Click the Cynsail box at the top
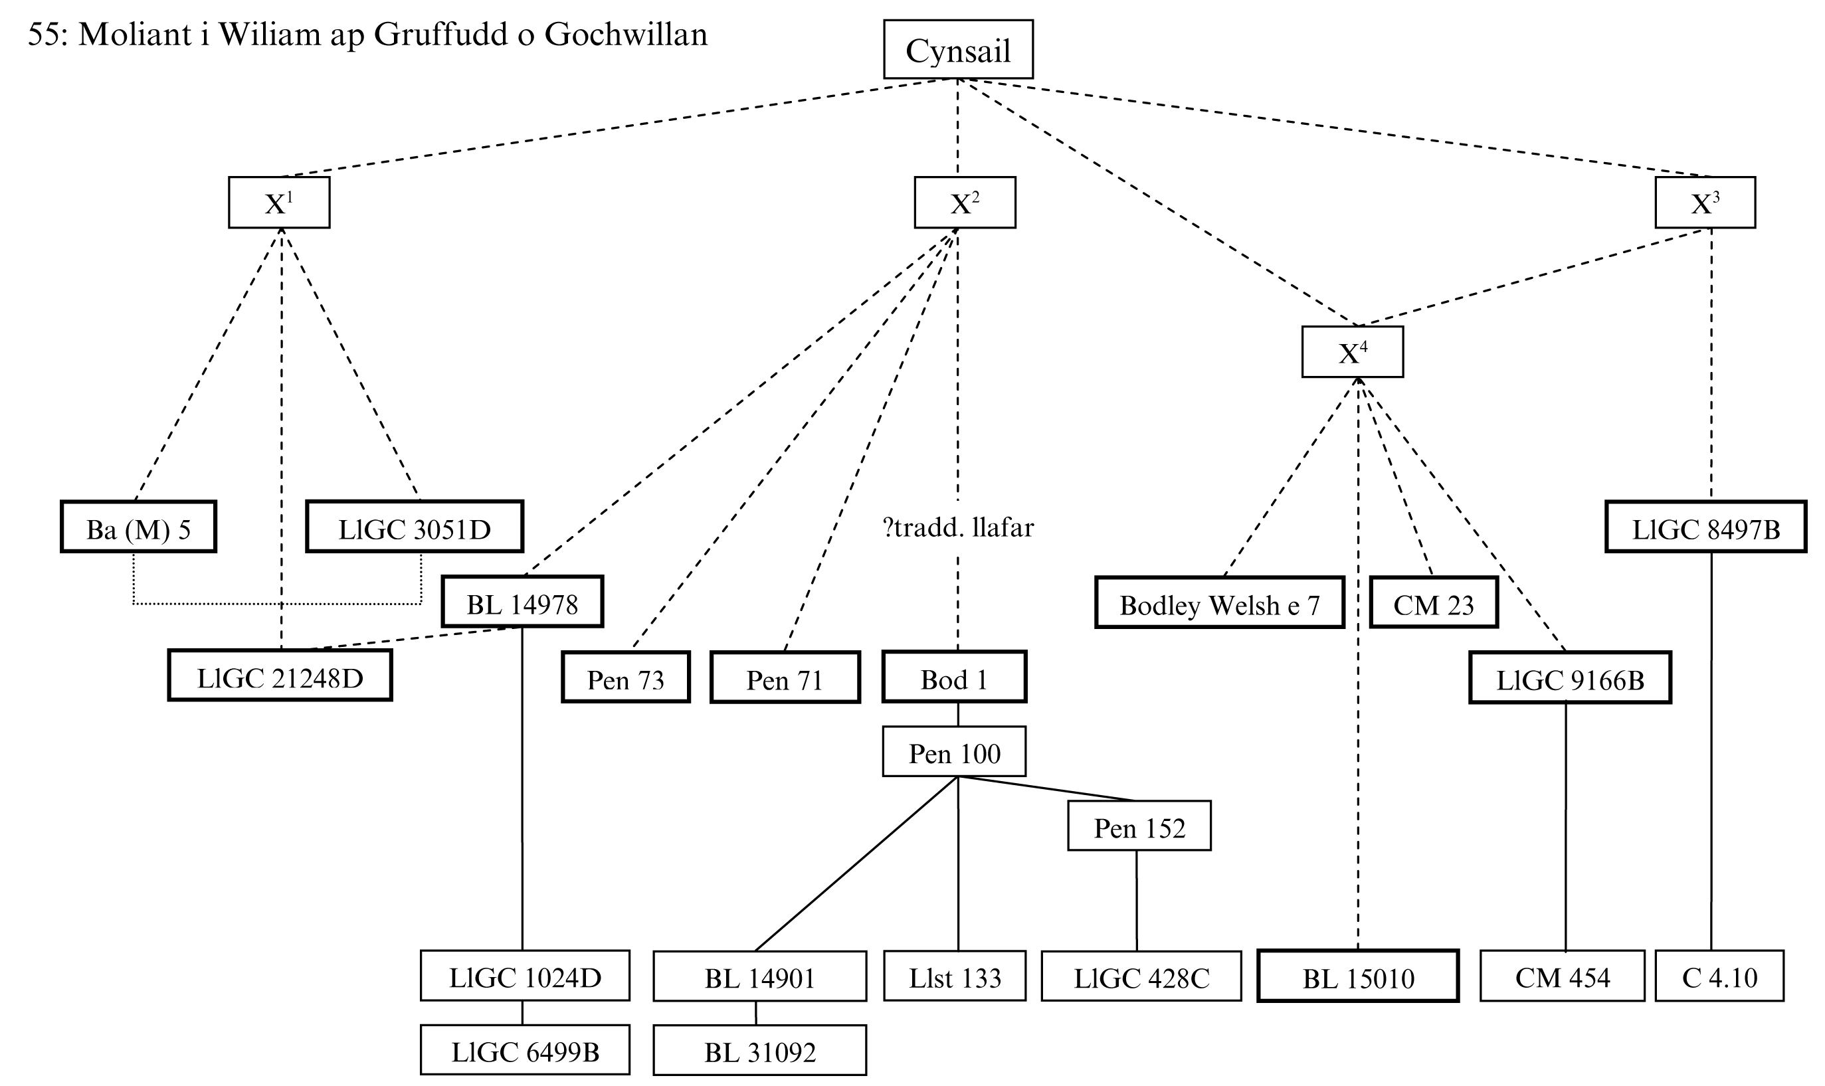pos(957,50)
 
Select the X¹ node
pos(279,203)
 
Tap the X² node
pos(964,203)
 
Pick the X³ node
pos(1704,203)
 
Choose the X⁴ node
pos(1351,353)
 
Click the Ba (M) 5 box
pos(138,527)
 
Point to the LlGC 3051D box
pos(414,527)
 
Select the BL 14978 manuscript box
pos(522,602)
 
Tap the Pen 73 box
pos(626,678)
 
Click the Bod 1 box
pos(953,678)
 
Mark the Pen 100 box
pos(953,753)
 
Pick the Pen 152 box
pos(1139,827)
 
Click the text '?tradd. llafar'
pos(958,527)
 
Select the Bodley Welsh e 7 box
pos(1219,604)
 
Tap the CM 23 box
pos(1433,604)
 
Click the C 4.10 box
pos(1719,976)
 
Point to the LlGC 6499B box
pos(525,1051)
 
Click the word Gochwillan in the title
pos(626,35)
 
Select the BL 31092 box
pos(759,1051)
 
